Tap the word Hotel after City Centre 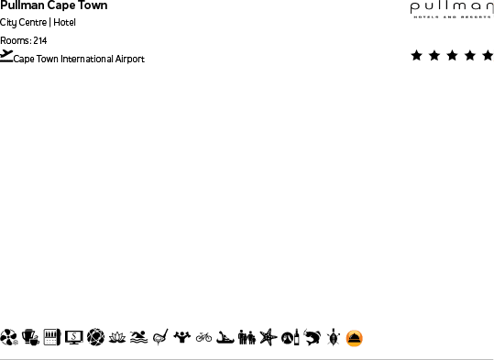point(65,23)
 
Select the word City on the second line point(8,23)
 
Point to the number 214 point(39,41)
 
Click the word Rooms point(15,41)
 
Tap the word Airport point(130,60)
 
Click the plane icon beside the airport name point(6,56)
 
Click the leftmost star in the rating point(417,56)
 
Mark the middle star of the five point(452,56)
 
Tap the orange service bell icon point(355,338)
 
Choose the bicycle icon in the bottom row point(203,338)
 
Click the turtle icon point(333,338)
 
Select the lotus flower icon point(117,338)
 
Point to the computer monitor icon point(73,338)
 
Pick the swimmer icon point(138,338)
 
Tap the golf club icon point(160,338)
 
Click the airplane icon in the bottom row point(268,338)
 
